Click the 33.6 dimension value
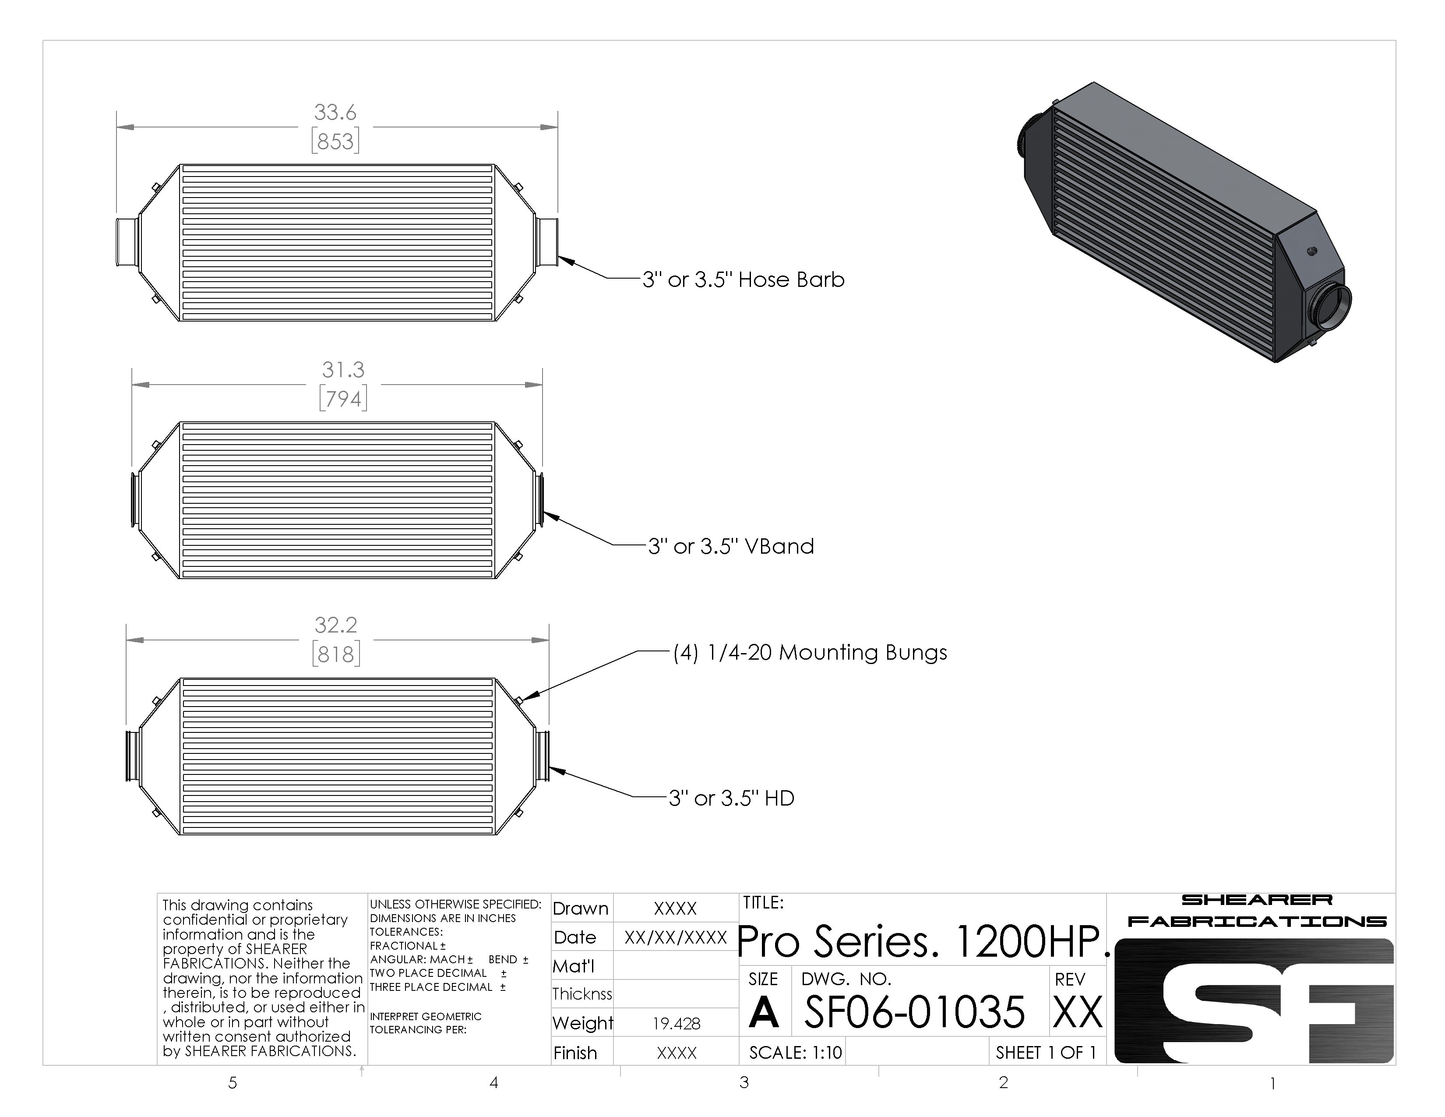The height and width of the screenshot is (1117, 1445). pyautogui.click(x=335, y=113)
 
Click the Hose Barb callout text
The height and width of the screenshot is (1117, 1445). pyautogui.click(x=744, y=280)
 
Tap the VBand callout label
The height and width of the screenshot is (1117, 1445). pyautogui.click(x=731, y=547)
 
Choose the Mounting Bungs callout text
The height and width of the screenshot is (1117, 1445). pyautogui.click(x=811, y=653)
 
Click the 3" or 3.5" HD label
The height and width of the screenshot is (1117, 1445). pyautogui.click(x=731, y=798)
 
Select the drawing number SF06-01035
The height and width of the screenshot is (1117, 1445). pyautogui.click(x=914, y=1012)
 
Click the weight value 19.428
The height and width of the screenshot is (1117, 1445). pyautogui.click(x=676, y=1024)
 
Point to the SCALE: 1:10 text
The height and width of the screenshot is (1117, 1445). pyautogui.click(x=795, y=1052)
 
